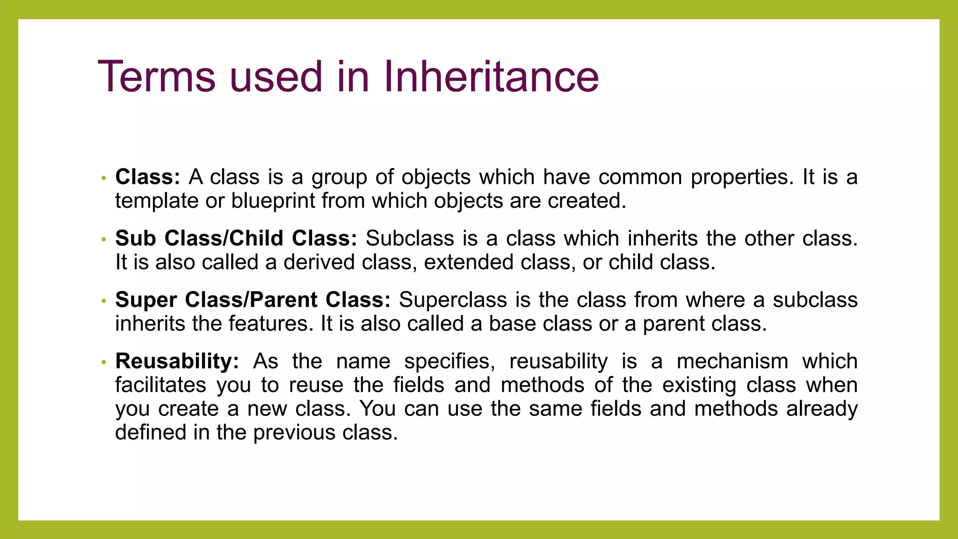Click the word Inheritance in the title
491,77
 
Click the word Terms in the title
157,77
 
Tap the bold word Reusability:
177,361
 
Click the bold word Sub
135,239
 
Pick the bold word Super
145,300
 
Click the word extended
468,262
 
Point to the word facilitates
160,385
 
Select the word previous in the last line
293,433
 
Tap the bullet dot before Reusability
104,363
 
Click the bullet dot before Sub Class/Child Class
104,240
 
